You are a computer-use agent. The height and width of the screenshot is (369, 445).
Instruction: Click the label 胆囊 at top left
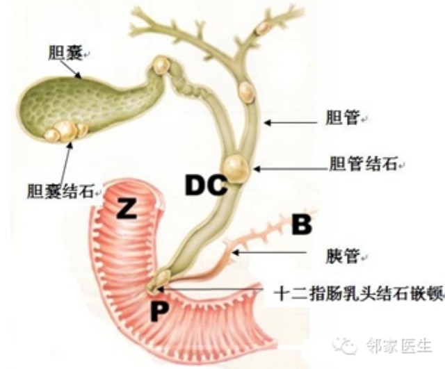coord(66,53)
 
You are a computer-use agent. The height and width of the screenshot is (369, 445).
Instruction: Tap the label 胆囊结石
coord(60,190)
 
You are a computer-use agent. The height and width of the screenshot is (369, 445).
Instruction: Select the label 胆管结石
coord(363,163)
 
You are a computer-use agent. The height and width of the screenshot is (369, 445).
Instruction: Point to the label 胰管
coord(343,256)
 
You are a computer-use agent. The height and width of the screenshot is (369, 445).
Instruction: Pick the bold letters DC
coord(207,185)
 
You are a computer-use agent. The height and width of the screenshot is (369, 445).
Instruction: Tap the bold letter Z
coord(127,208)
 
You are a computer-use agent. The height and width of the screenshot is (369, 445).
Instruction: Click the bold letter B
coord(302,225)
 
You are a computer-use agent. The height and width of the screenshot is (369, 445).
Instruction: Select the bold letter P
coord(159,311)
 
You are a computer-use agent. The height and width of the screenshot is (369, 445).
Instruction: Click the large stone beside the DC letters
coord(235,169)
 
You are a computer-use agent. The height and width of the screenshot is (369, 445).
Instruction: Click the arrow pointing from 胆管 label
coord(291,122)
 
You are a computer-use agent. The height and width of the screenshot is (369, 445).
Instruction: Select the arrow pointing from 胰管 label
coord(269,252)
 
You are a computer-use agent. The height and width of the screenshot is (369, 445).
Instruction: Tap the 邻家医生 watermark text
coord(398,346)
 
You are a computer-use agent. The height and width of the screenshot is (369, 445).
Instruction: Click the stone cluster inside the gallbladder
coord(66,131)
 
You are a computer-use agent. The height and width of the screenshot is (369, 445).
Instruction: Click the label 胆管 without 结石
coord(343,117)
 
